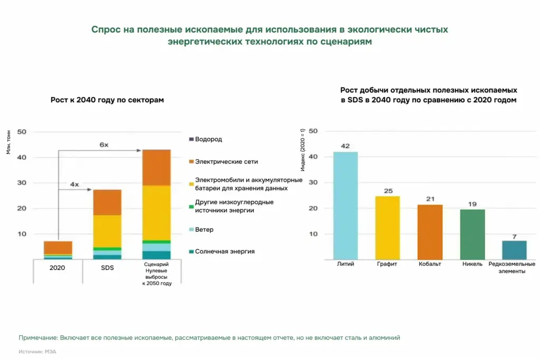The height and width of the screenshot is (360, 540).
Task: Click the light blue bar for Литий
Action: [x=345, y=206]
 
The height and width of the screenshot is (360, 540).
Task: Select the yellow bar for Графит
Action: [x=388, y=228]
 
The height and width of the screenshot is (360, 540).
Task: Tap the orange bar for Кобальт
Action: [x=430, y=232]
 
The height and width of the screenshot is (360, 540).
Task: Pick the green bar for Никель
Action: [x=472, y=235]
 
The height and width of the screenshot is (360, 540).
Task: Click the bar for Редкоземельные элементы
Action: [x=514, y=250]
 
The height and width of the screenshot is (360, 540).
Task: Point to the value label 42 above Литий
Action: [x=345, y=147]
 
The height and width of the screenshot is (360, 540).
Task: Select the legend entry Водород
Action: [x=208, y=140]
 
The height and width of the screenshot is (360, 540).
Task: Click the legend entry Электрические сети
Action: [x=226, y=162]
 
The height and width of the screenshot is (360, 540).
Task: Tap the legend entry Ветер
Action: [x=204, y=230]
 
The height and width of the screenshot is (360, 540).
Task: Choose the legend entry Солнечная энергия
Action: [x=225, y=251]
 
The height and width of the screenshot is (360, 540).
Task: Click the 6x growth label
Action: [x=104, y=144]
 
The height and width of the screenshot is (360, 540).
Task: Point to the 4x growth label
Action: [x=74, y=184]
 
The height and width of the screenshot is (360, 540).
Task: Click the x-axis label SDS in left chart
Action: [x=107, y=268]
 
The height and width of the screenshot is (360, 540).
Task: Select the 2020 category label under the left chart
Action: [x=58, y=268]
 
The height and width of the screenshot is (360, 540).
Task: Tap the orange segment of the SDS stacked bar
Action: [x=107, y=202]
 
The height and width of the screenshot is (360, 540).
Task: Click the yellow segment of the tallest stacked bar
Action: [x=156, y=212]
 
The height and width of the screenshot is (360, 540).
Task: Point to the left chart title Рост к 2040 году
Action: [x=107, y=100]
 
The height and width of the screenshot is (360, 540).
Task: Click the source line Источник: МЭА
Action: [x=37, y=352]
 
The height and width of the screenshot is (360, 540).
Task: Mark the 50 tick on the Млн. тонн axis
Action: [x=22, y=132]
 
